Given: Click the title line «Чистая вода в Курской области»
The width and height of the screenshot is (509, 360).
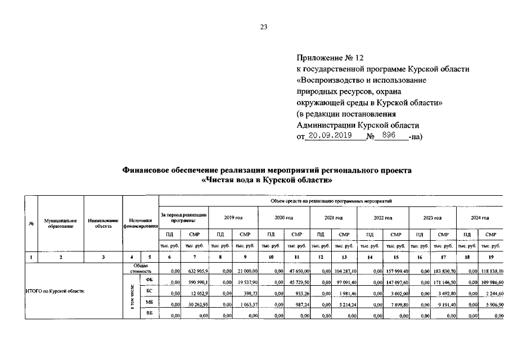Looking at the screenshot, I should (x=267, y=181).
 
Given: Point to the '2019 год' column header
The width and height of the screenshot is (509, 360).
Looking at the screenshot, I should (x=233, y=217).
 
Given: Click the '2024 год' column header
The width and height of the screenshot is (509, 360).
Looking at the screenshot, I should (x=480, y=217).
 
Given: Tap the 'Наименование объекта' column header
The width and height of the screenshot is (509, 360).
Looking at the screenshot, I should (x=103, y=223).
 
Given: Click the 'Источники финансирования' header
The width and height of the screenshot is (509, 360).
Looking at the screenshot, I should (x=141, y=223).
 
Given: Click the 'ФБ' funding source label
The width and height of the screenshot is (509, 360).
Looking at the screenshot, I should (x=149, y=280).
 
